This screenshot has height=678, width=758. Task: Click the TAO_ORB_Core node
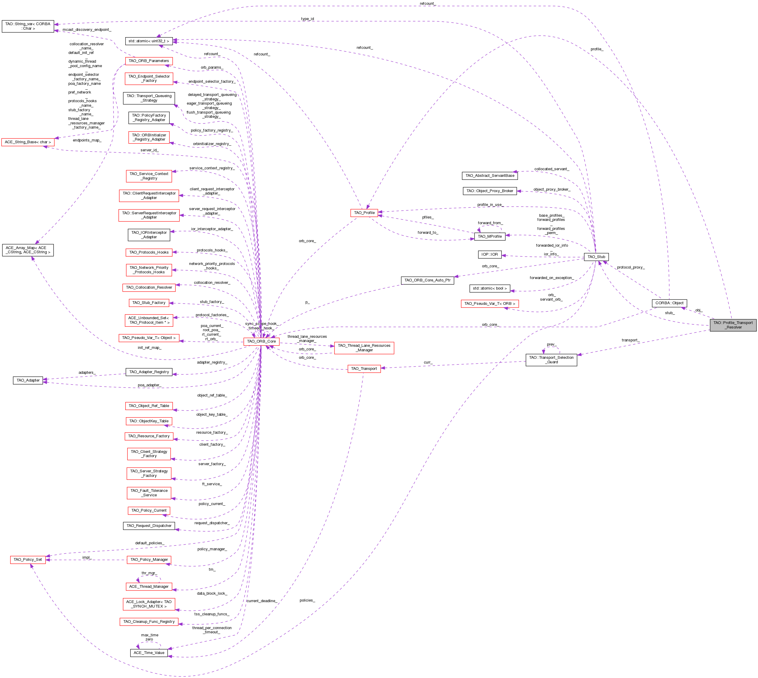(261, 341)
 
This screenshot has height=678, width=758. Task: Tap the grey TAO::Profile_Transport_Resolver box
(733, 325)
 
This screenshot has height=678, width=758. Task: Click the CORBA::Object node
(669, 303)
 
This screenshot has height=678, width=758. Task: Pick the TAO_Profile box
(364, 213)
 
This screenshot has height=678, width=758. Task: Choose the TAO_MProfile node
(489, 236)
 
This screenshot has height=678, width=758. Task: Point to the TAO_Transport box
(364, 368)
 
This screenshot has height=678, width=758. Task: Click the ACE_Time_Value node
(149, 653)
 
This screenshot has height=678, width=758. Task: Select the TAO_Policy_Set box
(28, 560)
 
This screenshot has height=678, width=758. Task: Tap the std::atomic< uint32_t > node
(149, 41)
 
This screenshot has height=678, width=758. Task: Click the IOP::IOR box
(489, 254)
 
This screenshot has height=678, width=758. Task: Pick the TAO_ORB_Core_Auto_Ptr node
(427, 280)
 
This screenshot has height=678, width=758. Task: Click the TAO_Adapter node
(28, 380)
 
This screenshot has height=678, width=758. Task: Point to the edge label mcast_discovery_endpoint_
(87, 29)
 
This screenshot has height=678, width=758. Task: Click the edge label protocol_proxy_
(630, 267)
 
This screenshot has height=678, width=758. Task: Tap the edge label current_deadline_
(261, 601)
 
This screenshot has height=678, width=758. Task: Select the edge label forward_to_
(428, 233)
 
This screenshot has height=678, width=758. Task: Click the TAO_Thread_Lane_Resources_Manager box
(364, 348)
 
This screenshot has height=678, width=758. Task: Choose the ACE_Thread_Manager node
(149, 586)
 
